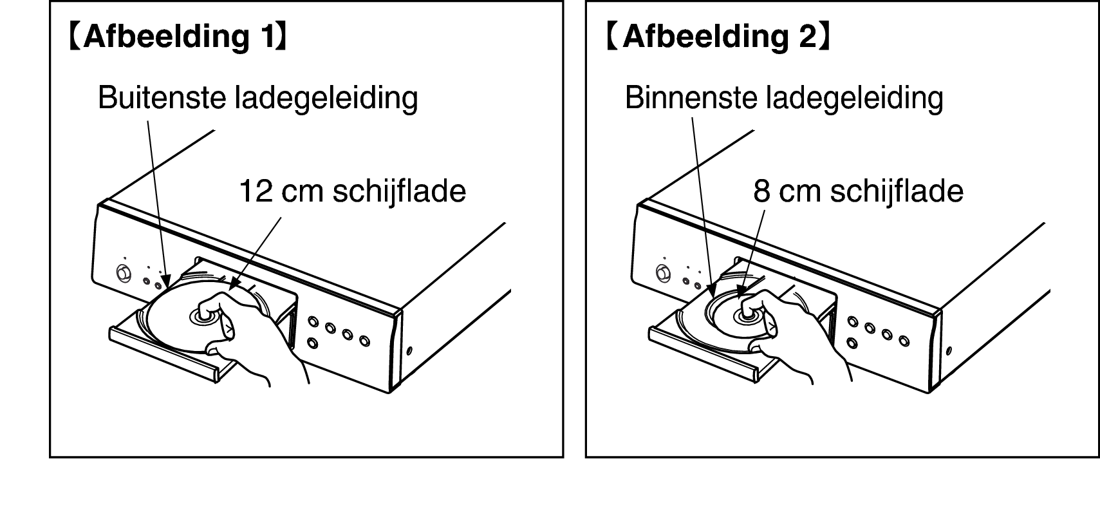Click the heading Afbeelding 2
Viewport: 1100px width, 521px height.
pos(718,37)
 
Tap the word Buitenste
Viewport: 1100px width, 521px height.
pos(162,97)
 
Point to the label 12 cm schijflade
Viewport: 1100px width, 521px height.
pos(352,191)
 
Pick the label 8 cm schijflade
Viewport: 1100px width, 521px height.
pos(858,191)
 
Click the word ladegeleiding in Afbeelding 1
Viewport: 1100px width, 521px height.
pos(326,99)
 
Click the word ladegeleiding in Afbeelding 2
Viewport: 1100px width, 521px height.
pos(854,99)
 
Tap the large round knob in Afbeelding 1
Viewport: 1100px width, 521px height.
pos(124,273)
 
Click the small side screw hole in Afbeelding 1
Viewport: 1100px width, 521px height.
pos(409,351)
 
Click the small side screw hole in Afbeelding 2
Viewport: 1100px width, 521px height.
pos(949,351)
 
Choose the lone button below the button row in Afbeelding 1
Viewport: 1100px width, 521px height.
pos(313,343)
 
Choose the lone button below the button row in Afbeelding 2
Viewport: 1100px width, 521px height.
pos(852,343)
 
